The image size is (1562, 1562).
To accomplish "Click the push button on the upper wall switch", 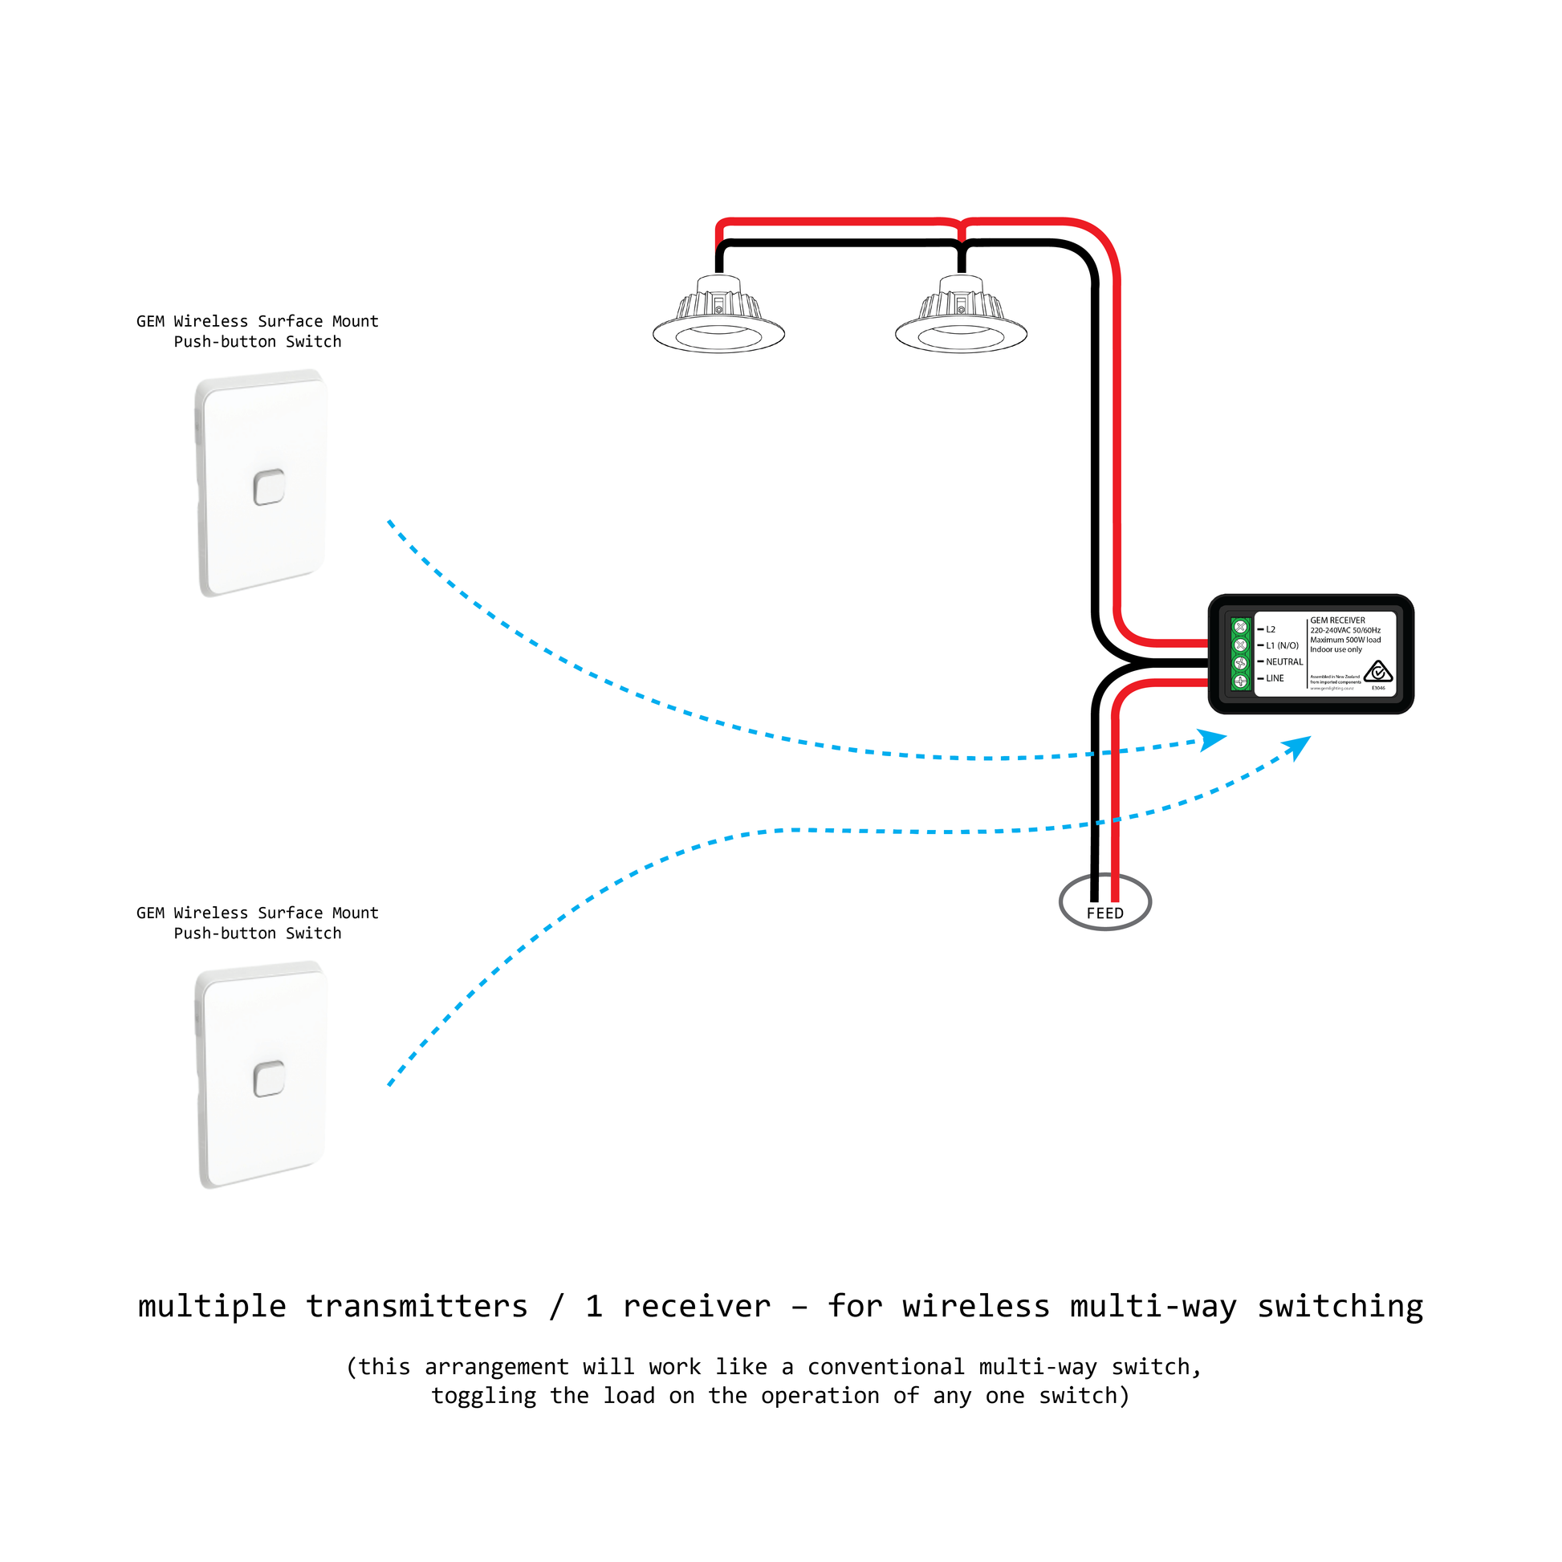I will point(268,487).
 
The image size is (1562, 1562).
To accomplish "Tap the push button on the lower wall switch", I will point(268,1079).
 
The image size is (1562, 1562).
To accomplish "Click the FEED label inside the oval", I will point(1104,913).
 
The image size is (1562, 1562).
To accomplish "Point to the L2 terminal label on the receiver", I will point(1270,629).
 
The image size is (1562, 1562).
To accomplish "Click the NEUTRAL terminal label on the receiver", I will point(1284,661).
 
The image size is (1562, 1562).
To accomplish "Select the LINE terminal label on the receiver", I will point(1274,678).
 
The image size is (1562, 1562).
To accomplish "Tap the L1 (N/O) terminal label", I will point(1281,645).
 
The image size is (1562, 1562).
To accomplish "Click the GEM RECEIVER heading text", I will point(1337,620).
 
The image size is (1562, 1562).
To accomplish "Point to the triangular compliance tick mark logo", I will point(1377,672).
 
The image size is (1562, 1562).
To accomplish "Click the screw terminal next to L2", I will point(1240,628).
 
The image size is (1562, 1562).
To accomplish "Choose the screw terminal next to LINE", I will point(1240,681).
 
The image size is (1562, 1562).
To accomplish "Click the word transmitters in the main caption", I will point(417,1307).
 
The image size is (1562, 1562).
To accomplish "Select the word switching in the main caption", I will point(1340,1307).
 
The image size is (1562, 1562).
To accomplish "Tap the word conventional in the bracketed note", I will point(885,1366).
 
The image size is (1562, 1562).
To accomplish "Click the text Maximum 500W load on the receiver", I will point(1345,640).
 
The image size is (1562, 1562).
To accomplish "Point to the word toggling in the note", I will point(482,1396).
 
